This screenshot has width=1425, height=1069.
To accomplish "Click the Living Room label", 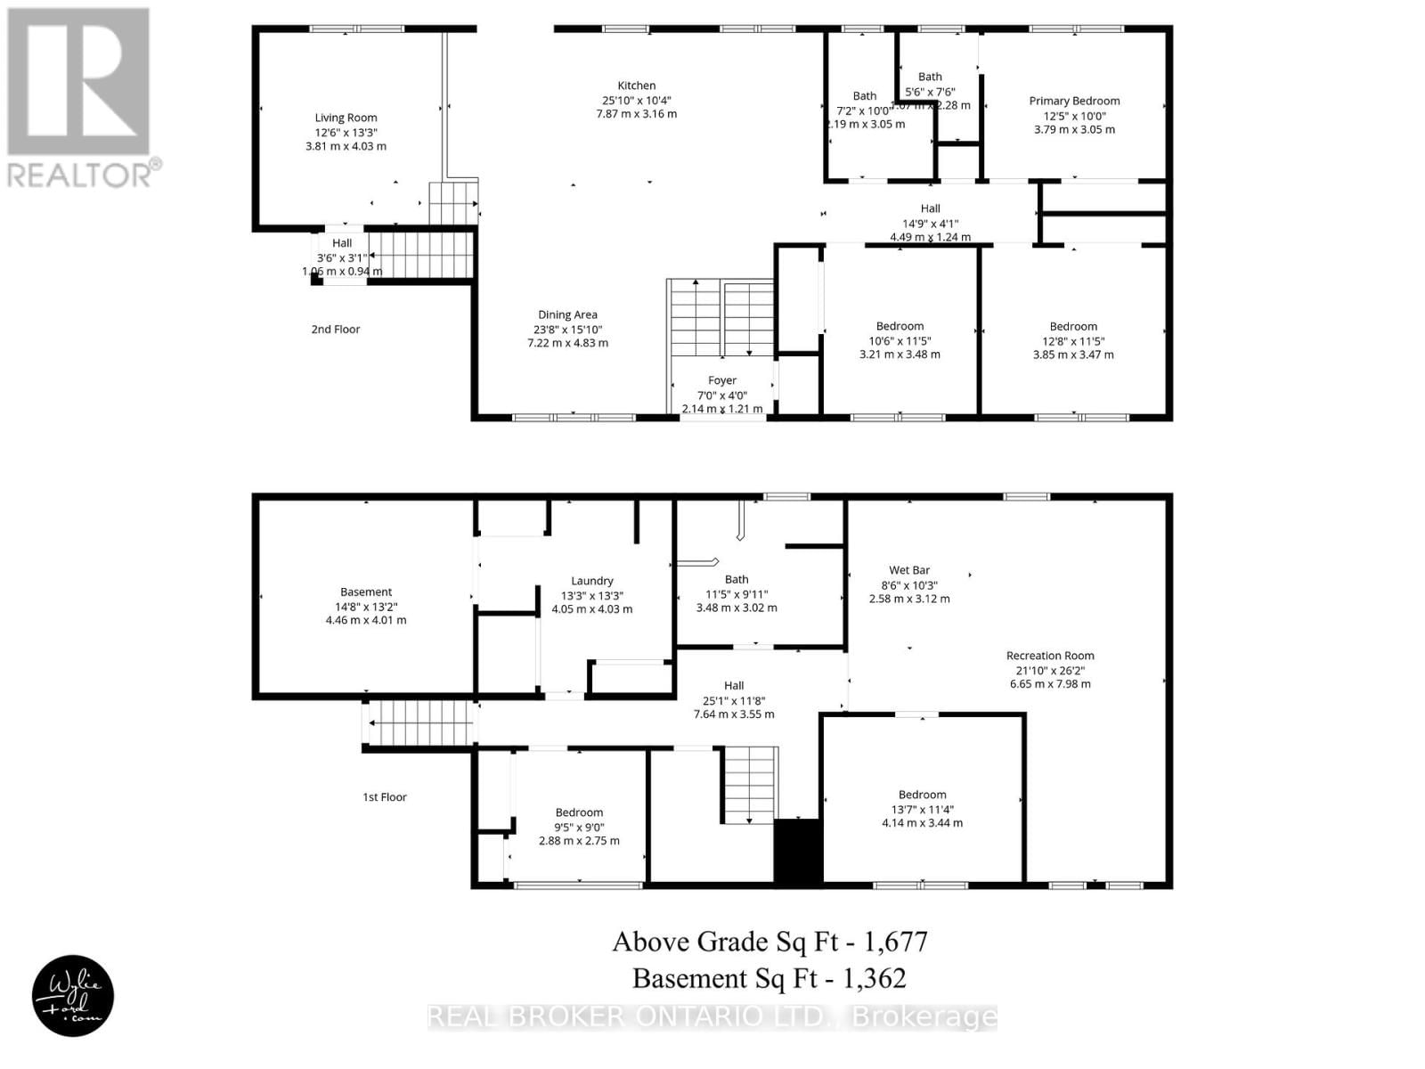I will click(346, 118).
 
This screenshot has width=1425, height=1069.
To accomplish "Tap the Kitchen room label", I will click(636, 86).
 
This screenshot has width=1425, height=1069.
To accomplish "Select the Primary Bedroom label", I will click(1074, 101).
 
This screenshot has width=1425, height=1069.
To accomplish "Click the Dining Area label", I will click(567, 314).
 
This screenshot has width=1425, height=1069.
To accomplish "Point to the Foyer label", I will click(721, 380).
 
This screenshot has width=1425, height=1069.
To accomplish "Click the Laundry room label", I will click(591, 581).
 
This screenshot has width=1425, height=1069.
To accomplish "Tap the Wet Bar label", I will click(908, 570).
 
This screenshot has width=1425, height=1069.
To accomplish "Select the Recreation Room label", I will click(1050, 656).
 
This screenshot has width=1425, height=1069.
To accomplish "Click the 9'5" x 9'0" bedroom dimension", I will click(579, 827).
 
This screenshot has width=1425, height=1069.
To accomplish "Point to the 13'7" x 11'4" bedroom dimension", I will click(922, 809).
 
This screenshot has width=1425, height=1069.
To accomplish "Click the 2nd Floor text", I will click(335, 330).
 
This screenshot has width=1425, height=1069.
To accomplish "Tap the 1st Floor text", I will click(384, 797).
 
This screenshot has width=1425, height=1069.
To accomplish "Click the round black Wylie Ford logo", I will click(73, 997).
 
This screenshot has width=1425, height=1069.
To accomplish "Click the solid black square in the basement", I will click(797, 852).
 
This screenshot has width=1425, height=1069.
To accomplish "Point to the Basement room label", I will click(365, 592).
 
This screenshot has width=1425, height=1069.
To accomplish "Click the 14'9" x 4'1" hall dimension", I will click(930, 224).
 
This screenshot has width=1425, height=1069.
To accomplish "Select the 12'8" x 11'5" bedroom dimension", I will click(1072, 340).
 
